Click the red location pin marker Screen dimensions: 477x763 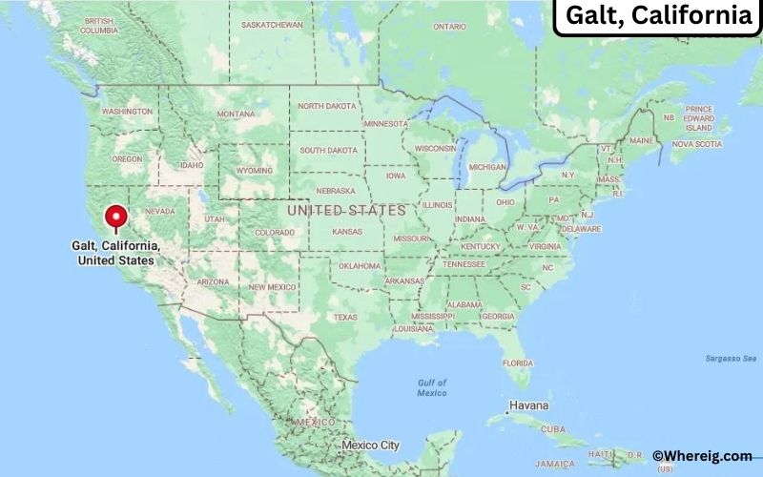pyautogui.click(x=117, y=218)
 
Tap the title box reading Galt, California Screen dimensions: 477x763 pyautogui.click(x=657, y=16)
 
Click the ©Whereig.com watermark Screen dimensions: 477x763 pyautogui.click(x=702, y=457)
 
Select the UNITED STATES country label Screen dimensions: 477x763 pyautogui.click(x=346, y=209)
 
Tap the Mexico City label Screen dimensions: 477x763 pyautogui.click(x=371, y=446)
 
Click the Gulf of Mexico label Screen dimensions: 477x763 pyautogui.click(x=432, y=387)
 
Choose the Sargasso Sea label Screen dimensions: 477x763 pyautogui.click(x=724, y=358)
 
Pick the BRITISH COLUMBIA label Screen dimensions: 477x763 pyautogui.click(x=99, y=26)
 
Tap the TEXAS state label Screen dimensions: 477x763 pyautogui.click(x=345, y=317)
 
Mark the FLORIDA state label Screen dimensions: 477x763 pyautogui.click(x=518, y=363)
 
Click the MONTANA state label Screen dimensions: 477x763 pyautogui.click(x=236, y=114)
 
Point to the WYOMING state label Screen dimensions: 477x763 pyautogui.click(x=255, y=171)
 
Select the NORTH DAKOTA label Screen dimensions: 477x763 pyautogui.click(x=326, y=107)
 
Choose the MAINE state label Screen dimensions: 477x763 pyautogui.click(x=642, y=141)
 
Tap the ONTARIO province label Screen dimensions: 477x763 pyautogui.click(x=449, y=27)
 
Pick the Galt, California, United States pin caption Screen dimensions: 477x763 pyautogui.click(x=115, y=253)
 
